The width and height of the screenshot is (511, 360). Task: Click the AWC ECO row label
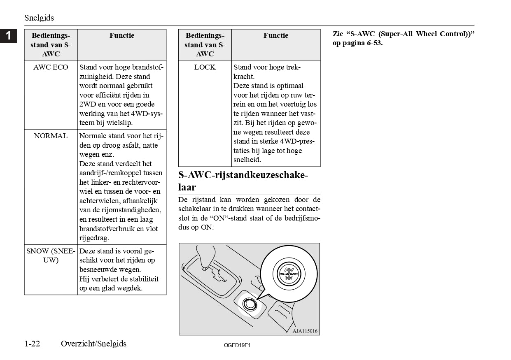point(51,67)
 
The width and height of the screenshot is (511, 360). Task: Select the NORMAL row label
point(51,136)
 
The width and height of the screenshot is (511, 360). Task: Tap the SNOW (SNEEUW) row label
point(51,255)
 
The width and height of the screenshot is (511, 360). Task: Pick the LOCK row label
point(205,67)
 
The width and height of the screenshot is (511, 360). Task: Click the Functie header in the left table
point(121,36)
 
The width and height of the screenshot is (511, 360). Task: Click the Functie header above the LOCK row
point(276,36)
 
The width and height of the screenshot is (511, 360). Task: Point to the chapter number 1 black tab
point(8,36)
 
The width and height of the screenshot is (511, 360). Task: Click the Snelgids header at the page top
point(39,18)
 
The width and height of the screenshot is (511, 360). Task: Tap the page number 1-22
point(32,344)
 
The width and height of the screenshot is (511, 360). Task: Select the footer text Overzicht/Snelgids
point(93,344)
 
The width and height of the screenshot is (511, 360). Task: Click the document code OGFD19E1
point(237,346)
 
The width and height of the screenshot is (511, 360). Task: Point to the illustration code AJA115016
point(305,331)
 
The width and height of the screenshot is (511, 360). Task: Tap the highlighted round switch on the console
point(249,305)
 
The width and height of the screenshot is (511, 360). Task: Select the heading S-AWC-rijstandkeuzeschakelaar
point(243,181)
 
